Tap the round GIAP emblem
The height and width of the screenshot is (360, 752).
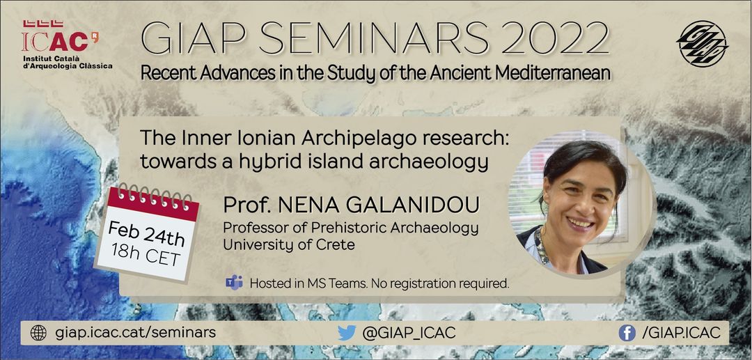click(x=702, y=44)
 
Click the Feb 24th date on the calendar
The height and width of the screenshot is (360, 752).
click(x=146, y=233)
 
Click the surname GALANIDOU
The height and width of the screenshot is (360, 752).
click(x=379, y=205)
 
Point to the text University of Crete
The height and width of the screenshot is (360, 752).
click(x=289, y=244)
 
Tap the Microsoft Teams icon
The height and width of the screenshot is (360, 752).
click(x=234, y=283)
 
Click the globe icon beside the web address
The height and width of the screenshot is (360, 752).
click(x=38, y=333)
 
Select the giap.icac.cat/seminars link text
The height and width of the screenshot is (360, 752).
click(x=135, y=333)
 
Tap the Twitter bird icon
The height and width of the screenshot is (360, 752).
click(x=347, y=333)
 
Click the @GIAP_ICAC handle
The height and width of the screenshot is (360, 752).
click(x=409, y=333)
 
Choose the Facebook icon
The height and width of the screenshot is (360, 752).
click(x=627, y=333)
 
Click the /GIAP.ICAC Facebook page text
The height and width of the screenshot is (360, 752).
click(x=681, y=333)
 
